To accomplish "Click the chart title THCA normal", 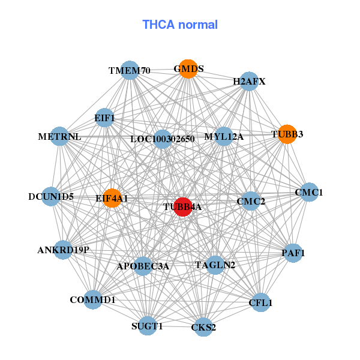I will pyautogui.click(x=180, y=25).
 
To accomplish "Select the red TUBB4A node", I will pyautogui.click(x=182, y=206).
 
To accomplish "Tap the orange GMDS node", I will pyautogui.click(x=188, y=69).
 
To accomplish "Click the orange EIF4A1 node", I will pyautogui.click(x=112, y=197).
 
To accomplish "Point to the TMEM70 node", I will pyautogui.click(x=130, y=71).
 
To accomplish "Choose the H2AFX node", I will pyautogui.click(x=249, y=81).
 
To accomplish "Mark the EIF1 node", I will pyautogui.click(x=104, y=118).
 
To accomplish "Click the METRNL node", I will pyautogui.click(x=59, y=136).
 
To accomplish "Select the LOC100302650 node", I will pyautogui.click(x=163, y=139).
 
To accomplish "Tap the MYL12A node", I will pyautogui.click(x=223, y=136).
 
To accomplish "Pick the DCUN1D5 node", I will pyautogui.click(x=51, y=196).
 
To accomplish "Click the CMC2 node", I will pyautogui.click(x=251, y=201).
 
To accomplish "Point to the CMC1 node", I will pyautogui.click(x=309, y=193).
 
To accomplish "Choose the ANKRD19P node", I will pyautogui.click(x=63, y=250).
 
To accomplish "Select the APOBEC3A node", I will pyautogui.click(x=143, y=266).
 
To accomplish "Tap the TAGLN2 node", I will pyautogui.click(x=215, y=265).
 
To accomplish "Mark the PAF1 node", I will pyautogui.click(x=293, y=253).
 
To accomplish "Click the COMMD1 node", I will pyautogui.click(x=92, y=299).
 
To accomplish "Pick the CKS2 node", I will pyautogui.click(x=203, y=327).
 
